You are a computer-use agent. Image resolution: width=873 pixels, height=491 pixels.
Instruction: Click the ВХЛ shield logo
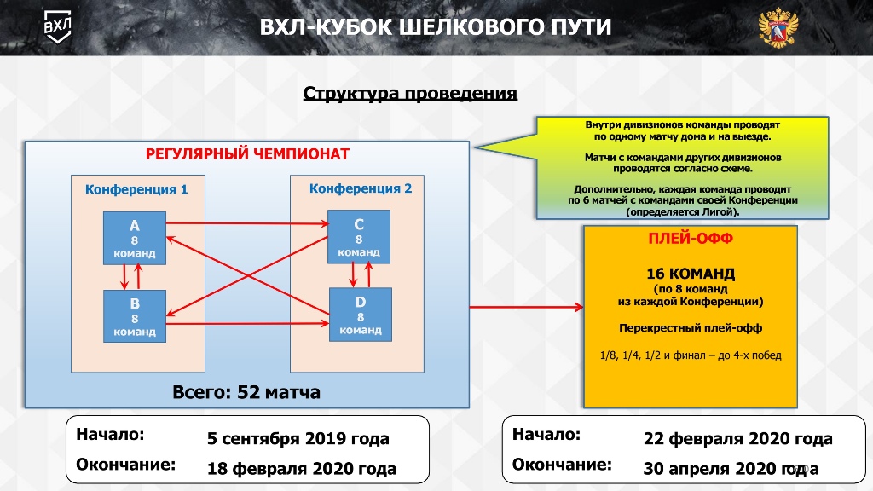coord(57,26)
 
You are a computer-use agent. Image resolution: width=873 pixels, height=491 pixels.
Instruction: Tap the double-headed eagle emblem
coord(778,26)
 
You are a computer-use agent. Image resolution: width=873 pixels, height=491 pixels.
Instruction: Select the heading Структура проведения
coord(410,93)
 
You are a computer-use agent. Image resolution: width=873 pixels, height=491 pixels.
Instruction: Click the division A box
coord(135,238)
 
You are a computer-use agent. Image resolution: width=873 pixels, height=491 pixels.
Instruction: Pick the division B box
coord(135,315)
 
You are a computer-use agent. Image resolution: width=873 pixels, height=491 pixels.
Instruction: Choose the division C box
coord(359,237)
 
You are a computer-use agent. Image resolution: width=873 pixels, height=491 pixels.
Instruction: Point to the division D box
coord(361,315)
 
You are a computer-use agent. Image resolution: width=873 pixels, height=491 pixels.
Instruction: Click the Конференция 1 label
coord(136,189)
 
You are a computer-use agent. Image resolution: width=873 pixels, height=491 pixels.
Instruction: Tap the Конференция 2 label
coord(361,188)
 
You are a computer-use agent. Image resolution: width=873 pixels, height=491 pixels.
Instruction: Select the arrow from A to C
coord(247,224)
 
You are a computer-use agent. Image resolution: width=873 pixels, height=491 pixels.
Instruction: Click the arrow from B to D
coord(247,323)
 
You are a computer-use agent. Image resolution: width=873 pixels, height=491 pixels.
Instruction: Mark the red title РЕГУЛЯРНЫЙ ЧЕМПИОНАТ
coord(247,153)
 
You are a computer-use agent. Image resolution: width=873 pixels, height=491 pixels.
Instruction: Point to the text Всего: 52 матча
coord(246,392)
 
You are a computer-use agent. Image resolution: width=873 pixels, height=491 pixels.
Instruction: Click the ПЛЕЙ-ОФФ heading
coord(691,239)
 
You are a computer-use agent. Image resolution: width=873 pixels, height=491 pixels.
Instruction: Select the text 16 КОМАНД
coord(691,274)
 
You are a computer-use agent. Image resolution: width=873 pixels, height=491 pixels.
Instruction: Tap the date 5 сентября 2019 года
coord(298,439)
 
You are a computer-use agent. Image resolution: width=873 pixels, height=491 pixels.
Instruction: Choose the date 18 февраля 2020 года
coord(302,469)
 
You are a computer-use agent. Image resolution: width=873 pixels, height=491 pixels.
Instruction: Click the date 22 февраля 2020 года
coord(737,439)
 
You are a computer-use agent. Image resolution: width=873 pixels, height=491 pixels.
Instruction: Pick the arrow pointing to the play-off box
coord(526,307)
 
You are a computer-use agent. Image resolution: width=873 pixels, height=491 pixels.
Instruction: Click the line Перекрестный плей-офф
coord(691,328)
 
